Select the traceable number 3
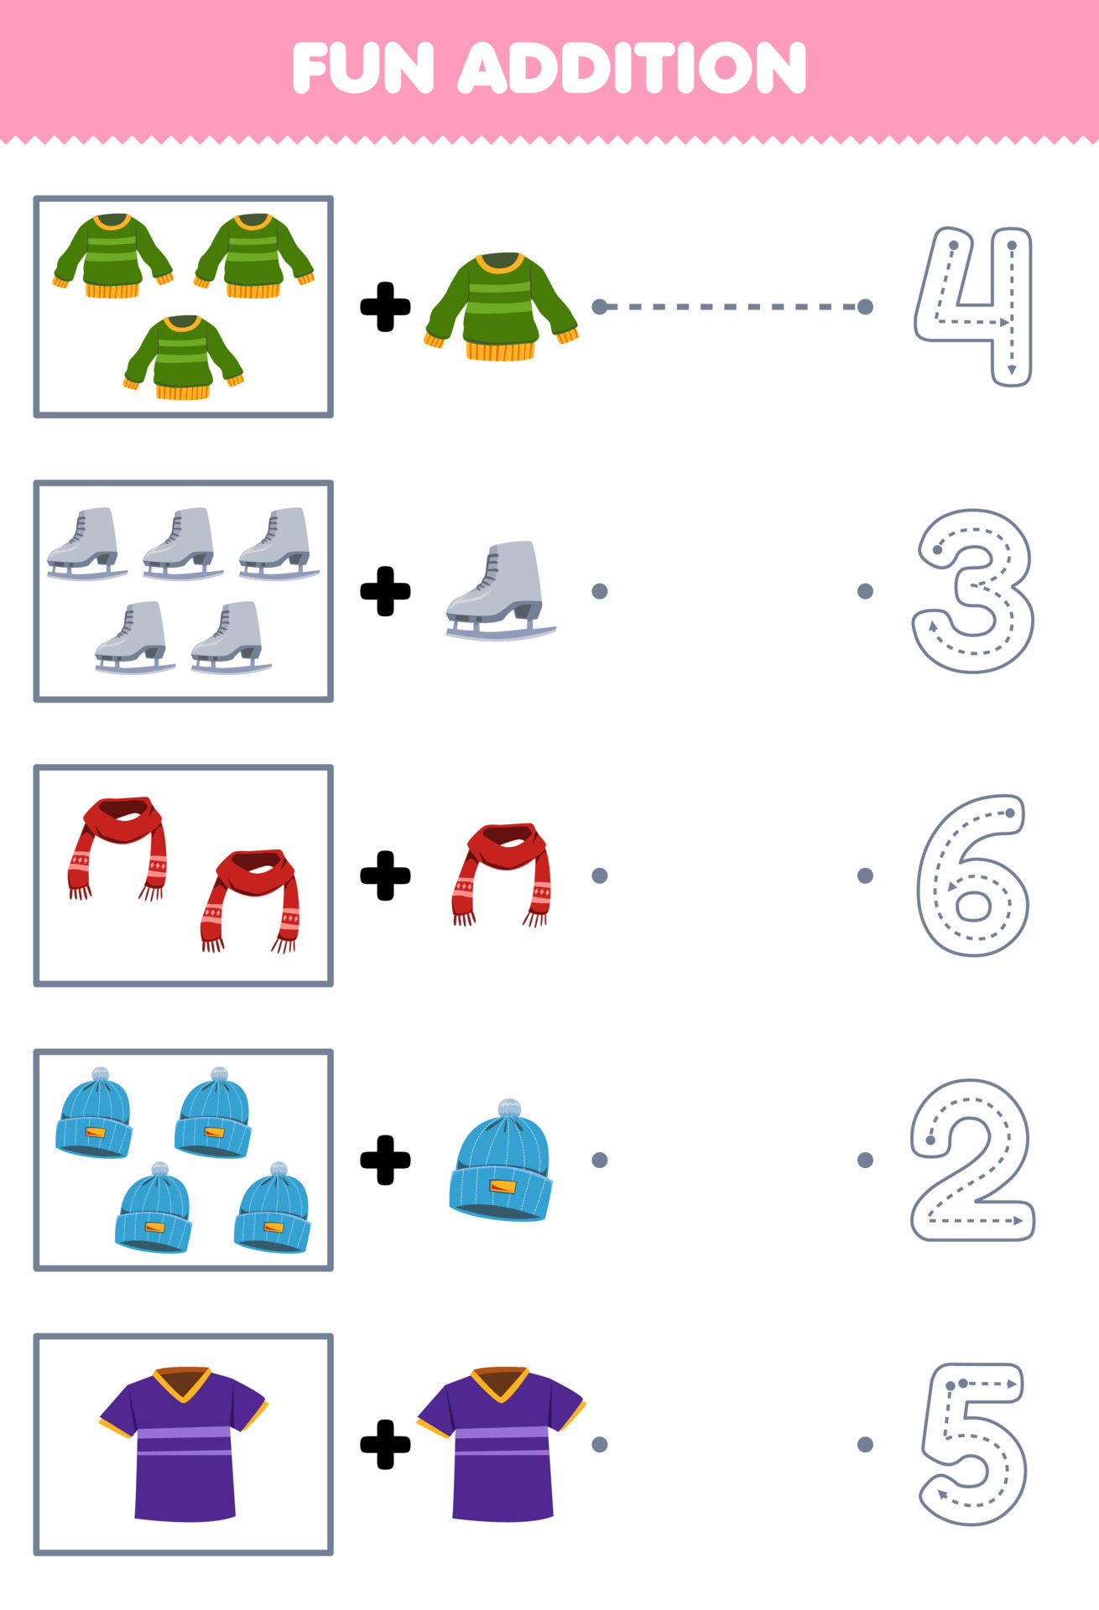[x=973, y=590]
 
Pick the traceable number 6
[x=973, y=875]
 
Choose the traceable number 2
[x=972, y=1160]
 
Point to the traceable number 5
[x=973, y=1443]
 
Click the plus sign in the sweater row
[x=385, y=307]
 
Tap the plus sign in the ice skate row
[x=385, y=591]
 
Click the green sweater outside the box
[x=502, y=307]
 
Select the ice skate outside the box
[x=500, y=590]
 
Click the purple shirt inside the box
[x=184, y=1444]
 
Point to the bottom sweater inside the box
[x=183, y=357]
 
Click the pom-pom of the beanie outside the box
[x=509, y=1109]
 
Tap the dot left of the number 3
[x=866, y=591]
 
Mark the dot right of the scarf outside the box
[x=599, y=875]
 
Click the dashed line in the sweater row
[x=732, y=307]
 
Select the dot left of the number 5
[x=866, y=1444]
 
